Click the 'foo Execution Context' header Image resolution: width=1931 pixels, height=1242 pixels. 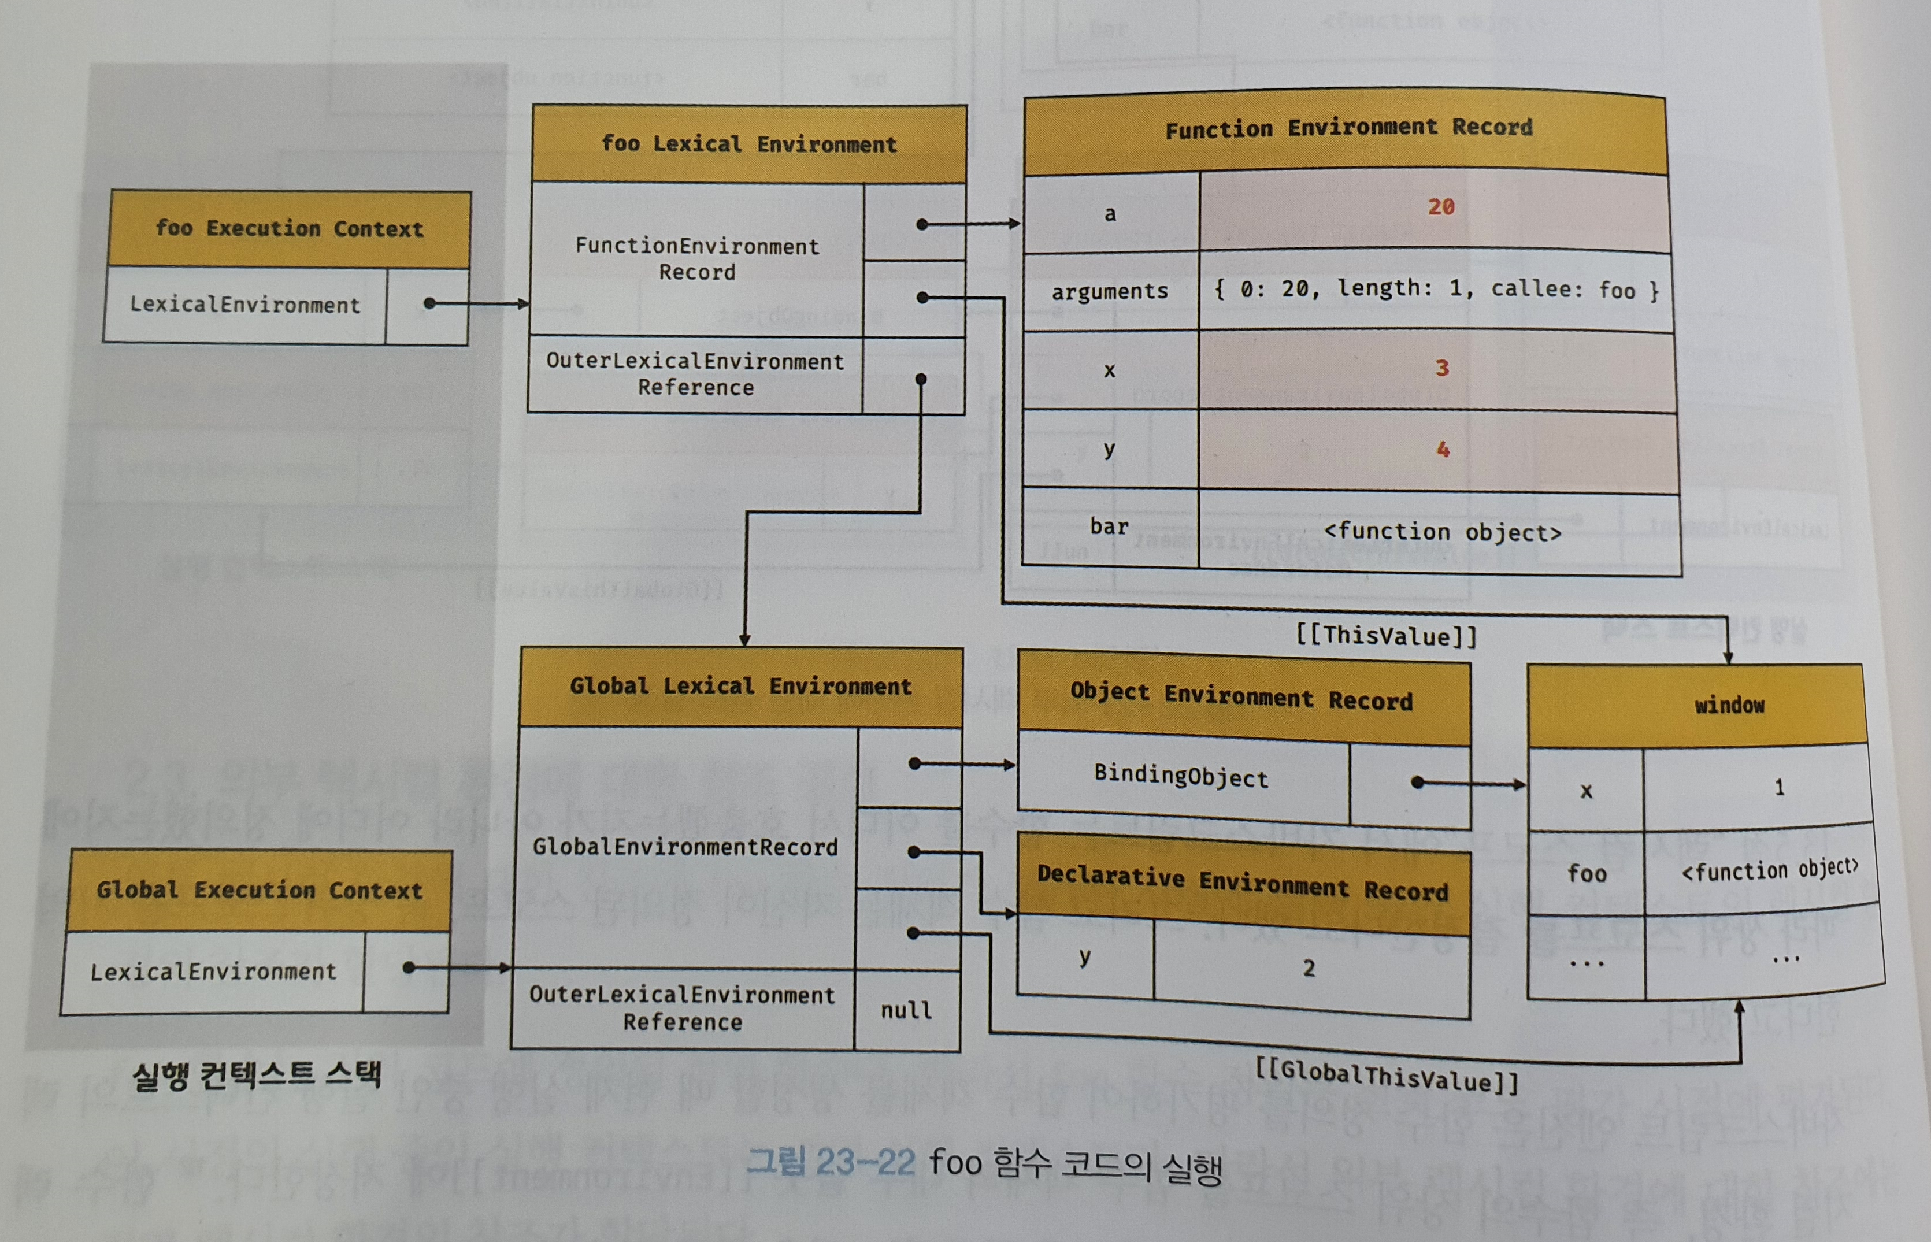(290, 228)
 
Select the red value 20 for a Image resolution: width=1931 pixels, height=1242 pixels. (1440, 207)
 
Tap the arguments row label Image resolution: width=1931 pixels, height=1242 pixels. (1109, 291)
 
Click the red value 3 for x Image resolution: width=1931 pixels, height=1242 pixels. (1441, 369)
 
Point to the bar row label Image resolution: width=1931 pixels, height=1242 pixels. (1109, 527)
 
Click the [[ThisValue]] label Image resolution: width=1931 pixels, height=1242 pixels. (1387, 636)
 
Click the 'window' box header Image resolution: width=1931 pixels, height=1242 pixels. (1729, 705)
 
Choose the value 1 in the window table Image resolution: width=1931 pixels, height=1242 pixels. (1778, 787)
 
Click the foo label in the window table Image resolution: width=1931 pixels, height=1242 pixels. (1587, 873)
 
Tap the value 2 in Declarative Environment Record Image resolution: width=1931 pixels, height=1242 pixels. (1309, 968)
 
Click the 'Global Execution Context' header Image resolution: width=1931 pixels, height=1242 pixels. (260, 891)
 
